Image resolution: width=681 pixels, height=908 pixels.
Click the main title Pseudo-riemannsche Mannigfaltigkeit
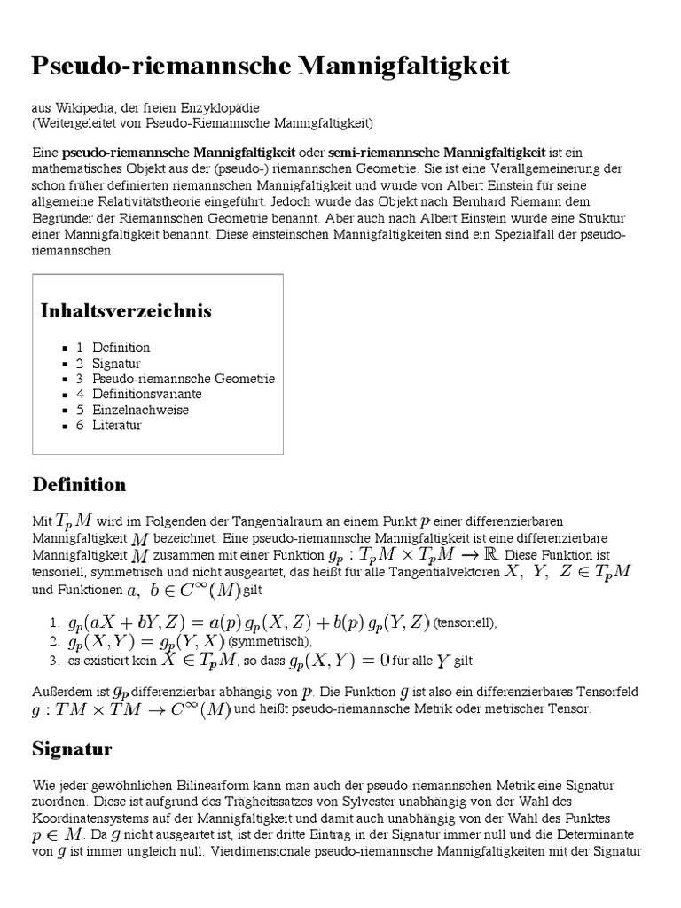pos(270,66)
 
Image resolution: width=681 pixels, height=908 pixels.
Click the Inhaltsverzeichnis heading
pos(126,311)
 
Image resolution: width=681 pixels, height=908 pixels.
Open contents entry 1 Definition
pos(113,348)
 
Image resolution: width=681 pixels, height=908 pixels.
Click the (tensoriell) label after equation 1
pos(465,623)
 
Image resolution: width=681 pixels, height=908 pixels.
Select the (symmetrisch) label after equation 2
pos(270,641)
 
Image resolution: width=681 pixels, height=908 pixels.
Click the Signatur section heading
pos(72,749)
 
